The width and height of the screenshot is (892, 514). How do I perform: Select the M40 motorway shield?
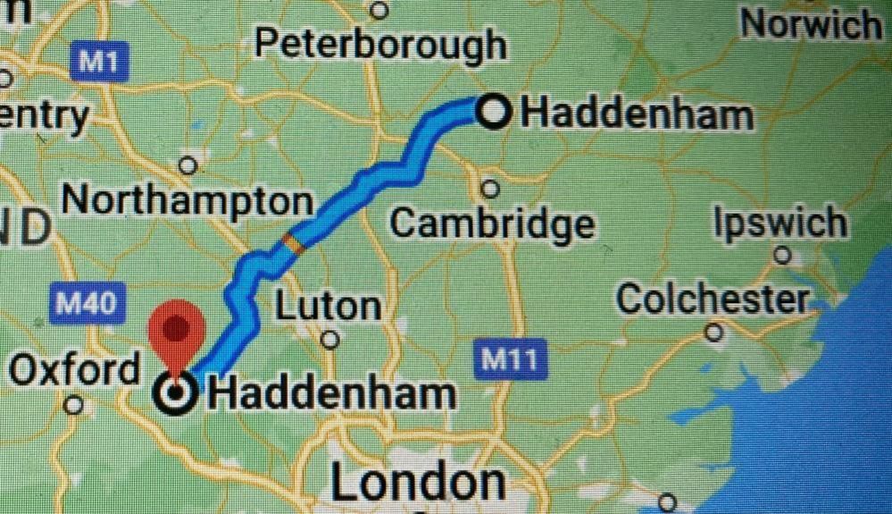point(86,305)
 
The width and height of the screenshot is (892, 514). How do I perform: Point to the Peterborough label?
point(379,44)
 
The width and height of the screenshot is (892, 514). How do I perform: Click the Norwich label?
point(811,24)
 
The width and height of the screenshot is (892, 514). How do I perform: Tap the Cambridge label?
point(491,223)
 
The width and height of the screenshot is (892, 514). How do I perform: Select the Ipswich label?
point(779,223)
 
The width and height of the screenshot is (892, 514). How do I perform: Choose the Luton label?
point(327,307)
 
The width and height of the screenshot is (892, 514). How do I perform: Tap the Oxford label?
point(73,369)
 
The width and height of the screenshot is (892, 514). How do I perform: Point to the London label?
point(418,483)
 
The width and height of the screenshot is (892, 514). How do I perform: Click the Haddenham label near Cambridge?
point(637,114)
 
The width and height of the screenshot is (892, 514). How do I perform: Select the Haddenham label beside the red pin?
point(331,393)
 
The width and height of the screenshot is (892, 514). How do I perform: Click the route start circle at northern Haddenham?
point(495,113)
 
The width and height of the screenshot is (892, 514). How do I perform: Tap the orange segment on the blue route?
point(292,244)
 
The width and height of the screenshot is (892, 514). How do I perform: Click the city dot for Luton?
point(331,340)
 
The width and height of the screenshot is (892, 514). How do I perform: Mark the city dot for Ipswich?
point(782,256)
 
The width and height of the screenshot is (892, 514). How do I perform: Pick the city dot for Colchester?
point(714,333)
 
